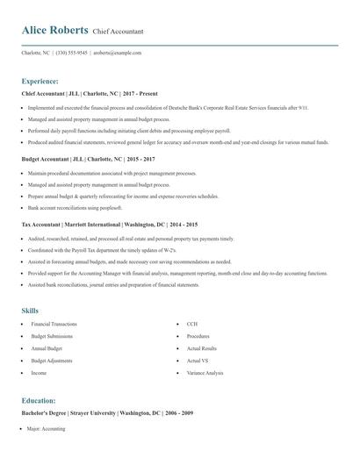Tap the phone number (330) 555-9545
pyautogui.click(x=73, y=53)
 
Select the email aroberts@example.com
pyautogui.click(x=118, y=53)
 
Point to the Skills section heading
pyautogui.click(x=30, y=311)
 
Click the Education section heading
pyautogui.click(x=39, y=400)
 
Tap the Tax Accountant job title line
pyautogui.click(x=109, y=224)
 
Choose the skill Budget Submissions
pyautogui.click(x=50, y=336)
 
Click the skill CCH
pyautogui.click(x=191, y=324)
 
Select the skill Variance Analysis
pyautogui.click(x=205, y=373)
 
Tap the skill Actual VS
pyautogui.click(x=197, y=361)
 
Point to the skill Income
pyautogui.click(x=39, y=373)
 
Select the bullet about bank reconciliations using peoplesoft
pyautogui.click(x=74, y=208)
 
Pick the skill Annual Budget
pyautogui.click(x=46, y=348)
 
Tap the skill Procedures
pyautogui.click(x=198, y=336)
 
